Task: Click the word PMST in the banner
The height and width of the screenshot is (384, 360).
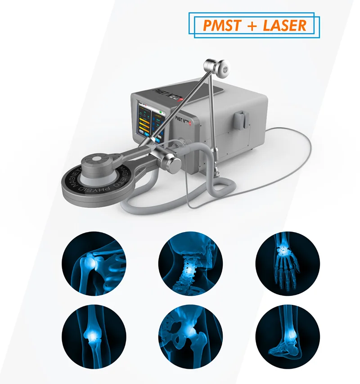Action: point(220,25)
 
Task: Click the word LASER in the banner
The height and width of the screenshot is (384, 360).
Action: point(283,25)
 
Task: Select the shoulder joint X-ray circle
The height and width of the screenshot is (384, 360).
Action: point(94,263)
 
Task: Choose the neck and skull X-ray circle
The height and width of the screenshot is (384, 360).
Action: point(189,263)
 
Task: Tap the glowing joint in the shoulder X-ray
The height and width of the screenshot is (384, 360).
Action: point(90,260)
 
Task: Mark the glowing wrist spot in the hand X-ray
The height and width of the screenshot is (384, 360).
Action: point(283,247)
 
